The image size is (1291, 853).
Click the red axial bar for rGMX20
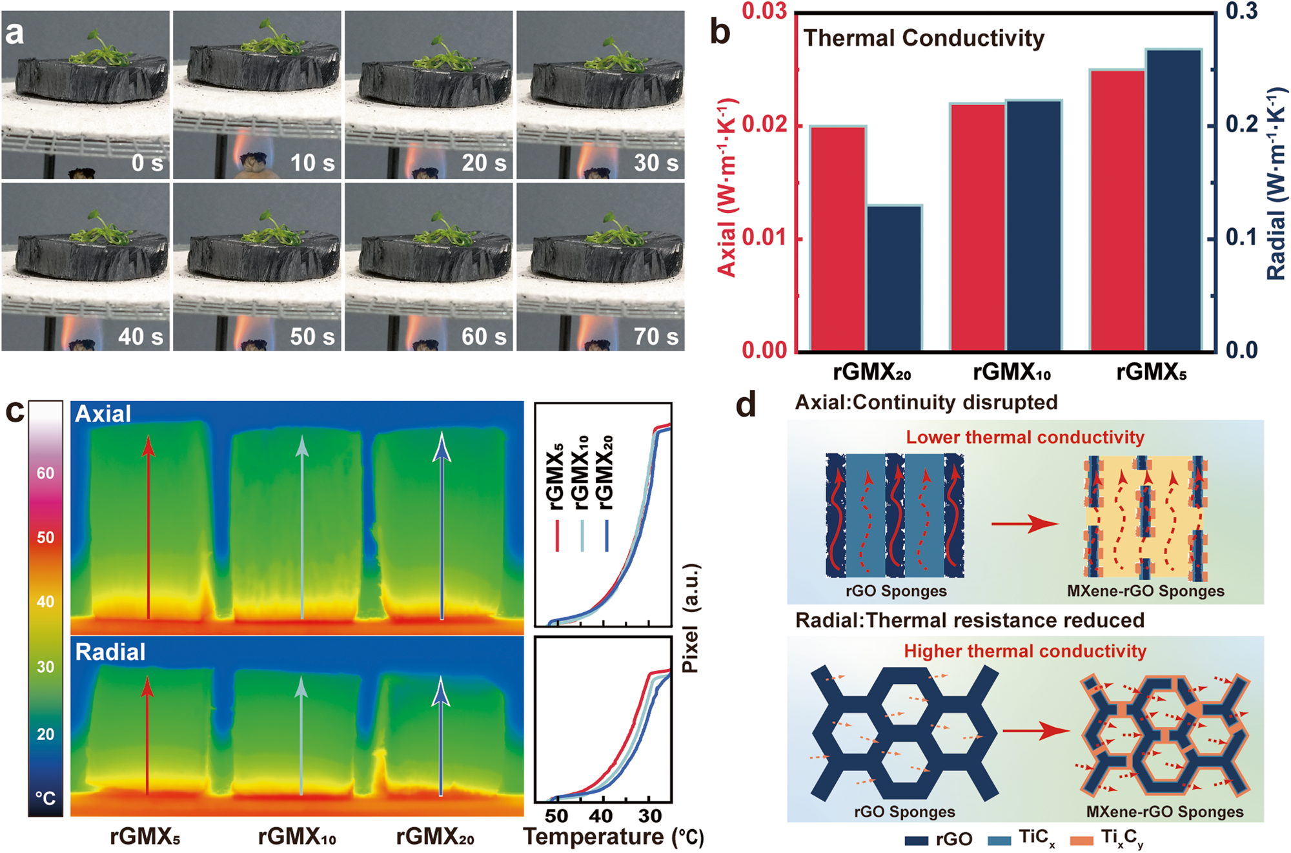click(x=838, y=239)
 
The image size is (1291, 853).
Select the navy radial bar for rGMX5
click(x=1174, y=200)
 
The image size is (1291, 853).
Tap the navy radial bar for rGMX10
click(x=1033, y=226)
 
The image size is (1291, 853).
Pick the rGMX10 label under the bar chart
click(x=1011, y=373)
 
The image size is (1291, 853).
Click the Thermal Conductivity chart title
click(x=924, y=38)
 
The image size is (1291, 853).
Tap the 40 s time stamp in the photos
click(x=140, y=336)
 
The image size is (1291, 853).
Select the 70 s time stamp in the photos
click(x=655, y=336)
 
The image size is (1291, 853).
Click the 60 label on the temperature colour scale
click(x=45, y=473)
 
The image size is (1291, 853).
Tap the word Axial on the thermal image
click(x=103, y=414)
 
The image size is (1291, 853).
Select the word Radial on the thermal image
click(x=110, y=652)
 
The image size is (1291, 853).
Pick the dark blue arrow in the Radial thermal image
click(x=441, y=736)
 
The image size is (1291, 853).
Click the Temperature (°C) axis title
click(x=613, y=837)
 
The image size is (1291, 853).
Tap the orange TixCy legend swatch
click(x=1082, y=839)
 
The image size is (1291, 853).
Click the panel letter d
click(x=746, y=406)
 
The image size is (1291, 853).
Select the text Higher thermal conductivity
click(x=1024, y=651)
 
